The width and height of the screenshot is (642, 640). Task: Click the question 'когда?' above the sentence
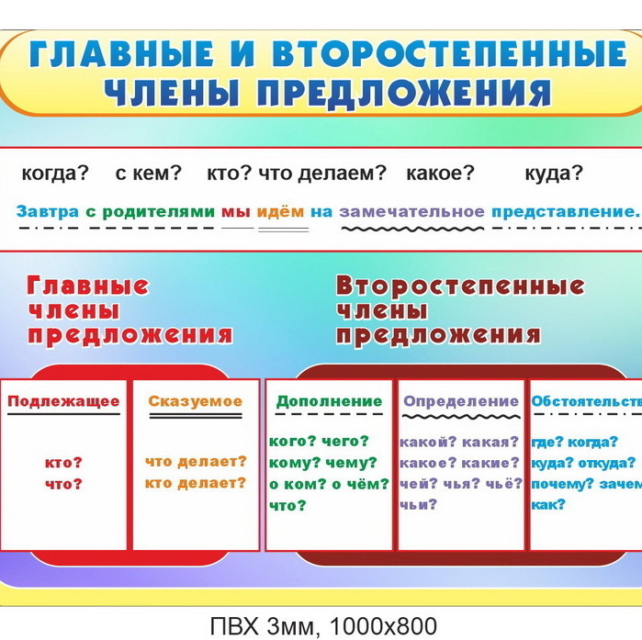54,173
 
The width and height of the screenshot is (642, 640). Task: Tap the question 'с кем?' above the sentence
149,173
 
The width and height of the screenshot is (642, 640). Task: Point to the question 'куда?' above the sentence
554,173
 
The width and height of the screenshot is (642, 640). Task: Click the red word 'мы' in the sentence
231,211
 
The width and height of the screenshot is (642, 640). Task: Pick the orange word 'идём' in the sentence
279,211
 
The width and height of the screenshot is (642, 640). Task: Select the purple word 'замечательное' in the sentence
411,211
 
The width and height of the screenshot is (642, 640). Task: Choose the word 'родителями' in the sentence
158,211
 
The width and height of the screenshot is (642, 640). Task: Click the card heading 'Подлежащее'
64,401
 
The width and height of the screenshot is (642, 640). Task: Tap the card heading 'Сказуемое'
196,401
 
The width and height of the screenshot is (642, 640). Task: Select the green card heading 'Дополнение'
329,401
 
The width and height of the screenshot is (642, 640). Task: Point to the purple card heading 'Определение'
461,401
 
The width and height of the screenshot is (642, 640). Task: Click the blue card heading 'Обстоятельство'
586,401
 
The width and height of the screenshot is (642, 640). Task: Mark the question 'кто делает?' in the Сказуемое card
196,483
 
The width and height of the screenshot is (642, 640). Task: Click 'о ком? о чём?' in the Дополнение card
329,484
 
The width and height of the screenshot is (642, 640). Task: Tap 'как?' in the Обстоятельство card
548,504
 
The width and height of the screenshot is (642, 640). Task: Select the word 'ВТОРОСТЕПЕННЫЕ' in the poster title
453,54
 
